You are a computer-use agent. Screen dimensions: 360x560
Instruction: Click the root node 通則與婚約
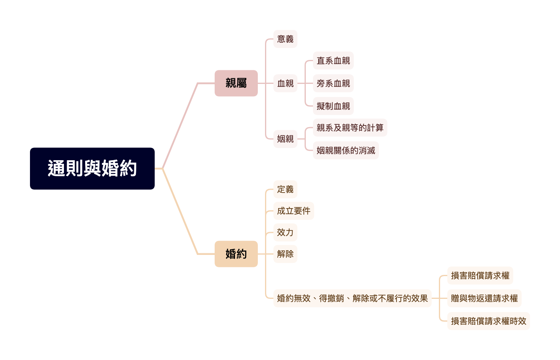(x=92, y=168)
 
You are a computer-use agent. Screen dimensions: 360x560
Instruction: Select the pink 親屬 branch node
(x=236, y=83)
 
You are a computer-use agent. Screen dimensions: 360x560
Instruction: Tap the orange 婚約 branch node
(x=236, y=254)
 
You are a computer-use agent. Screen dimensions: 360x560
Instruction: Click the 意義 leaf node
(x=285, y=39)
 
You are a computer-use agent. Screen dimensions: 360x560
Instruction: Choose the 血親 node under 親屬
(x=285, y=83)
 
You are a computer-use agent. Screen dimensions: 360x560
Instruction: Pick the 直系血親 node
(x=333, y=60)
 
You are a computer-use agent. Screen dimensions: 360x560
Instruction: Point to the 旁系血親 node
(x=333, y=83)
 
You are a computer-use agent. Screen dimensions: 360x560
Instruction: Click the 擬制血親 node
(x=333, y=106)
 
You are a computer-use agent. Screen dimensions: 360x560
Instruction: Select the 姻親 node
(x=285, y=139)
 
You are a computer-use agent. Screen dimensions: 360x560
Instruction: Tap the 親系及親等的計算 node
(x=350, y=127)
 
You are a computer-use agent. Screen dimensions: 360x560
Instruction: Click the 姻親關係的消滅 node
(x=346, y=150)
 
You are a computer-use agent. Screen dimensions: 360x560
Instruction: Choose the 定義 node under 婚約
(x=285, y=189)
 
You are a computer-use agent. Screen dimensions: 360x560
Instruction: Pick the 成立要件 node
(x=293, y=211)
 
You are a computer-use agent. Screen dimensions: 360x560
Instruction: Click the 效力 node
(x=285, y=232)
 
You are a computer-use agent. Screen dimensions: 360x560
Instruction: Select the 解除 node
(x=285, y=254)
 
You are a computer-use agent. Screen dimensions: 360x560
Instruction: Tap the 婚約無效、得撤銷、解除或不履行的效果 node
(x=352, y=298)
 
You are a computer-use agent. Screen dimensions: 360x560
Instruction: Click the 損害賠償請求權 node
(x=480, y=275)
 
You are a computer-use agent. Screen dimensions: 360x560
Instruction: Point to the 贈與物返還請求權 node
(x=484, y=298)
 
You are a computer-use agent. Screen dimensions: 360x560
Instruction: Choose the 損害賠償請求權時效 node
(x=488, y=321)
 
